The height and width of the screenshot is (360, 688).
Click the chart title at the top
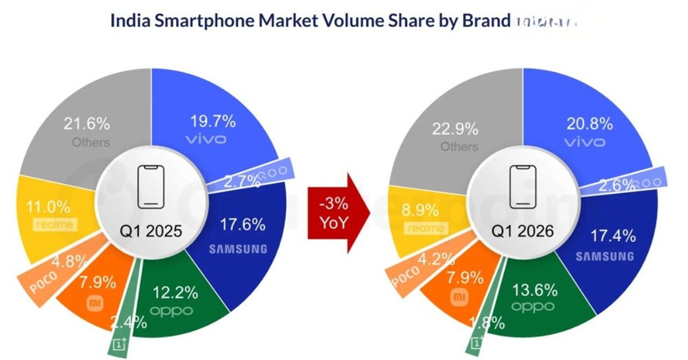(x=310, y=21)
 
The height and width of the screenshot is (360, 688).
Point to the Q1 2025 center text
(x=151, y=231)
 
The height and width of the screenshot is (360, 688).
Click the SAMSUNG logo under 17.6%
(x=237, y=249)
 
